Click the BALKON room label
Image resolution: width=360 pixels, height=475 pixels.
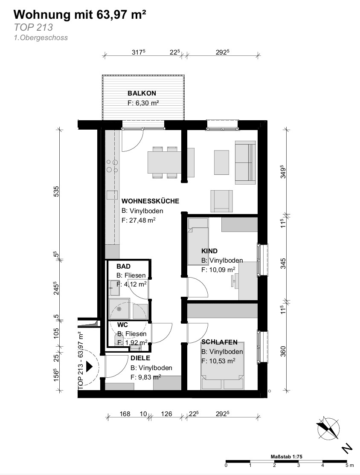click(142, 93)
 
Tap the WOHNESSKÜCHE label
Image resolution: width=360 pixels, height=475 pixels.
click(150, 201)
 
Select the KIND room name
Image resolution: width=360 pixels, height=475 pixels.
click(209, 251)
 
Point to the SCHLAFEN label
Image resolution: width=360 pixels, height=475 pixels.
click(219, 342)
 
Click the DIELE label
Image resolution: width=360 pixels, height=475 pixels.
click(140, 358)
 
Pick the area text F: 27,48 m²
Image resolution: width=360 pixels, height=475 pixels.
click(139, 220)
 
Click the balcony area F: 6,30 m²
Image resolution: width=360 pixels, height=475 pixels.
click(143, 103)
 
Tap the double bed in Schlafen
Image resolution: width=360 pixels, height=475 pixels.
click(223, 366)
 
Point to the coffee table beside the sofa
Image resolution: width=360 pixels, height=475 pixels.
click(221, 162)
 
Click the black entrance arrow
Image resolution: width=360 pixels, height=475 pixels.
click(89, 366)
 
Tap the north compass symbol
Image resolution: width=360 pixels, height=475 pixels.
click(328, 429)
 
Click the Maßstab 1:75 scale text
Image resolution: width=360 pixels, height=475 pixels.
click(286, 457)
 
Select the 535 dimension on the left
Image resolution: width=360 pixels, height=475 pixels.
click(56, 191)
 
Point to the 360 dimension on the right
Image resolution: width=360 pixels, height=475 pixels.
click(283, 351)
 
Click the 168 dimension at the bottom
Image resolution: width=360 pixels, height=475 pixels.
click(125, 414)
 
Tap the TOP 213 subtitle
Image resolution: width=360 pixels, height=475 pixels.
click(33, 27)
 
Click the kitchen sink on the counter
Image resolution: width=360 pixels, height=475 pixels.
click(112, 195)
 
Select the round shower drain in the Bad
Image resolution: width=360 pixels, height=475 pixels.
click(119, 309)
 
